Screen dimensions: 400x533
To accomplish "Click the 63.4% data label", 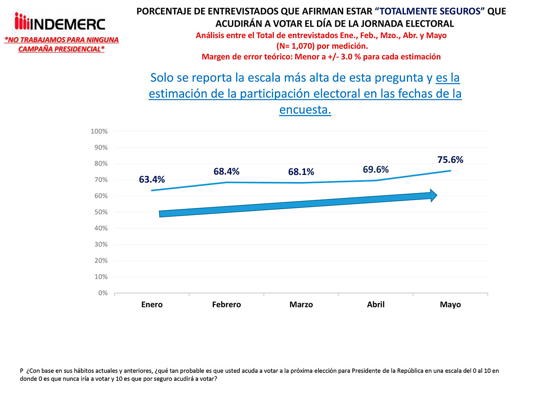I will (152, 180).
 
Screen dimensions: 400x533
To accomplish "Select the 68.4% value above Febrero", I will (227, 171).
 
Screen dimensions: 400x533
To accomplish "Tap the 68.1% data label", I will (301, 172).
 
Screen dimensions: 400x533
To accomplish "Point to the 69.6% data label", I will (376, 169).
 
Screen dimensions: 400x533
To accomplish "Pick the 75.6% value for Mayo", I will (450, 160).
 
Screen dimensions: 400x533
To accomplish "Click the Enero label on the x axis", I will (152, 305).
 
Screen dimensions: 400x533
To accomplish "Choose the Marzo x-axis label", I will (301, 305).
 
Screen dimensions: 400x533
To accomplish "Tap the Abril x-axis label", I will (376, 305).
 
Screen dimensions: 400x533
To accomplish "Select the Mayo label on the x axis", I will (450, 305).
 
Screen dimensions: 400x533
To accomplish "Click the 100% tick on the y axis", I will (99, 131).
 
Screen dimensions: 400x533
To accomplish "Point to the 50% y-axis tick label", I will (100, 212).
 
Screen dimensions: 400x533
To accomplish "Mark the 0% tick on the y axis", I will (103, 293).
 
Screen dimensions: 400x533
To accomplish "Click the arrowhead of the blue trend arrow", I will (433, 195).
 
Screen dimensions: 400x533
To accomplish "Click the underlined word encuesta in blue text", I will (305, 110).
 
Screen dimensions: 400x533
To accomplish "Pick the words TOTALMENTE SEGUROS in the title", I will (432, 12).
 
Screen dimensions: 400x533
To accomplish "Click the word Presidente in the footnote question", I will (367, 371).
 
